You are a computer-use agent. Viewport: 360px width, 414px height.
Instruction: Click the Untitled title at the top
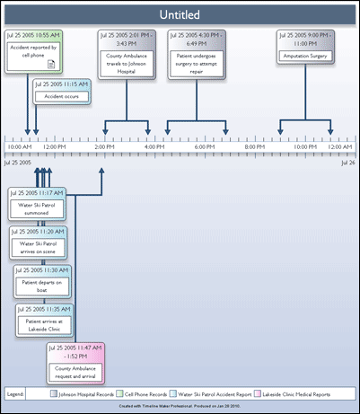point(180,14)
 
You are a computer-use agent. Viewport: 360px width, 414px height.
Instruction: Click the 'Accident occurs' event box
point(61,93)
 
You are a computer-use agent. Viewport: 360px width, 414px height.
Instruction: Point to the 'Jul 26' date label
point(347,163)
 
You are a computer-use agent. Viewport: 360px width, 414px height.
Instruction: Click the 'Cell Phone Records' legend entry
point(148,393)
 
